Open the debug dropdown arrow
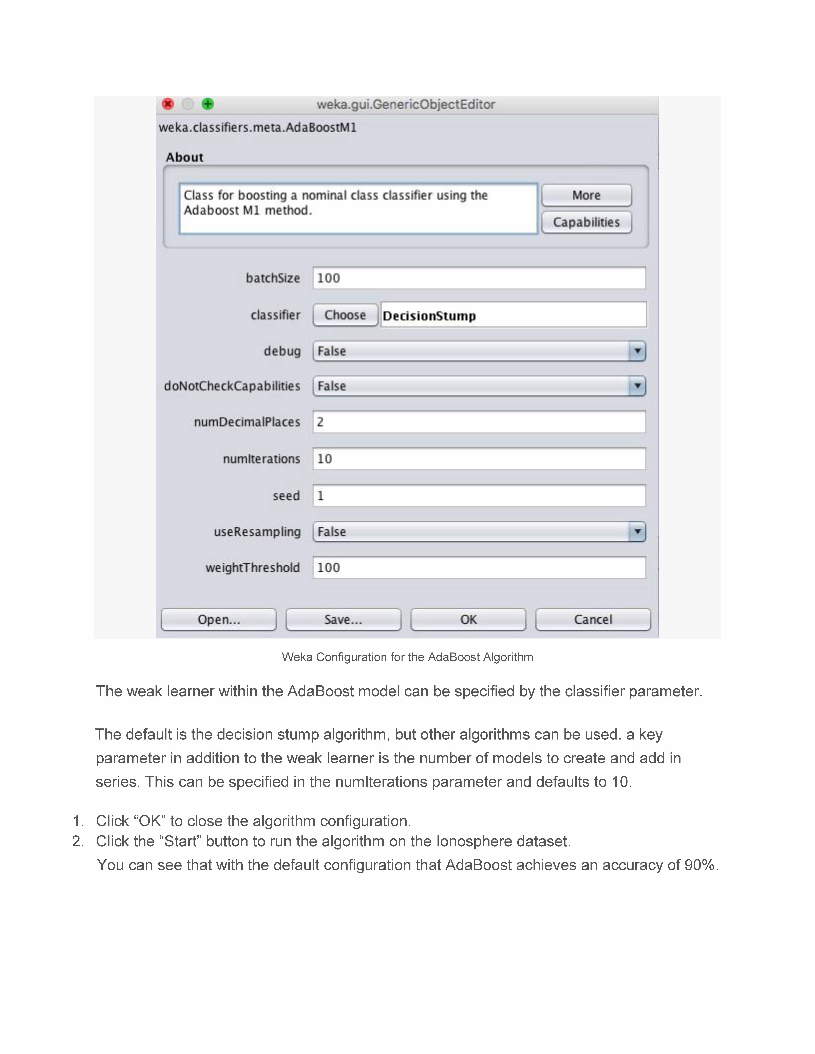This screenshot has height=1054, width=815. [637, 351]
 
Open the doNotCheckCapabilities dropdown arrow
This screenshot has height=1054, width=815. [637, 386]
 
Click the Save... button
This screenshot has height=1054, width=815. [343, 620]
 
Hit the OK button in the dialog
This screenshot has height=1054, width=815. [468, 620]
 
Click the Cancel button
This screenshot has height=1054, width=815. [593, 620]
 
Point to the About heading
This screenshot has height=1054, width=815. [184, 157]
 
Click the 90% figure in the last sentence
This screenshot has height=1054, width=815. [699, 865]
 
